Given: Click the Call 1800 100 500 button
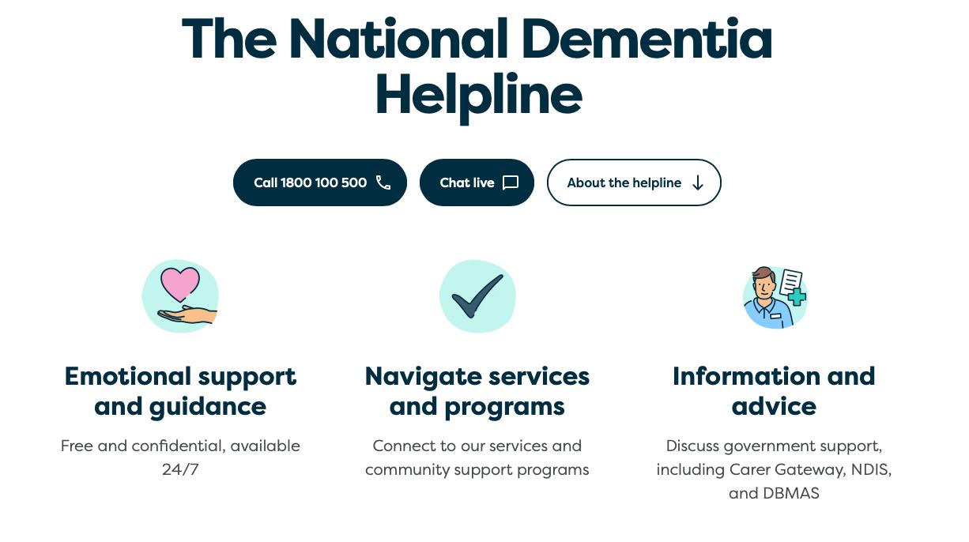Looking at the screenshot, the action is coord(319,183).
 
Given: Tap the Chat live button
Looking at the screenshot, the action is coord(477,183).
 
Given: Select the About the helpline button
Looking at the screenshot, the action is coord(634,183).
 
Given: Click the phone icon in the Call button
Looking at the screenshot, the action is coord(383,183).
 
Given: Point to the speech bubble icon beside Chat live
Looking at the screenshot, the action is coord(511,183).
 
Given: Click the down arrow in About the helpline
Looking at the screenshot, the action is coord(698,183).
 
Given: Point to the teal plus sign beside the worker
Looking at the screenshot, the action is coord(797,297).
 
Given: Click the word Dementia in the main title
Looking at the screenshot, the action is coord(647,40).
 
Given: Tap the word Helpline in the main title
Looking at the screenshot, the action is coord(478,95).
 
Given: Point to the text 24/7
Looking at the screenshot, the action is coord(180,469).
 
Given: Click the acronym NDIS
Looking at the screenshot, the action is coord(870,469).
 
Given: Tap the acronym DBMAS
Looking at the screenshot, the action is coord(790,493).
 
